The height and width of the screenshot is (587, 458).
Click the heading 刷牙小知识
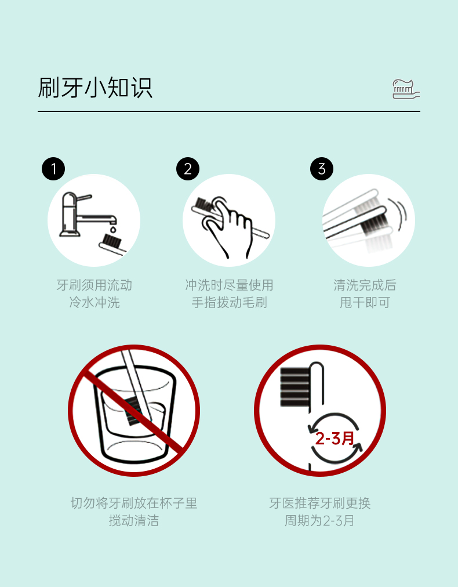[95, 88]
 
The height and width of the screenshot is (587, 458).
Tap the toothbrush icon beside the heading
[406, 89]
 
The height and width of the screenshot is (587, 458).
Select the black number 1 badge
[53, 169]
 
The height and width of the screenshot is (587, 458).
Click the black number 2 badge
[187, 169]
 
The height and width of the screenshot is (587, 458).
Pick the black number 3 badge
[321, 169]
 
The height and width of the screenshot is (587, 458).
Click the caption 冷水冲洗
[94, 302]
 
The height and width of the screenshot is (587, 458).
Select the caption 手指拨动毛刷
[229, 302]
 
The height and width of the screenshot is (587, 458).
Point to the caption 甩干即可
[365, 302]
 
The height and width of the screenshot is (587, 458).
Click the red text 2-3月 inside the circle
[335, 438]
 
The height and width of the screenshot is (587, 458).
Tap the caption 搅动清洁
[133, 520]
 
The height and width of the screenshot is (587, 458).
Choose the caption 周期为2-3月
[319, 520]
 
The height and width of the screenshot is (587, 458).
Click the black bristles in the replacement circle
[295, 387]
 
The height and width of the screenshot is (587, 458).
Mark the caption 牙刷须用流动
[94, 285]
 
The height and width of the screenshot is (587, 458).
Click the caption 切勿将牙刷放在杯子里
[133, 503]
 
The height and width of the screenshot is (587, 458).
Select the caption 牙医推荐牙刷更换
[319, 503]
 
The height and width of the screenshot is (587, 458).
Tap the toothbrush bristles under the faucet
[112, 240]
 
